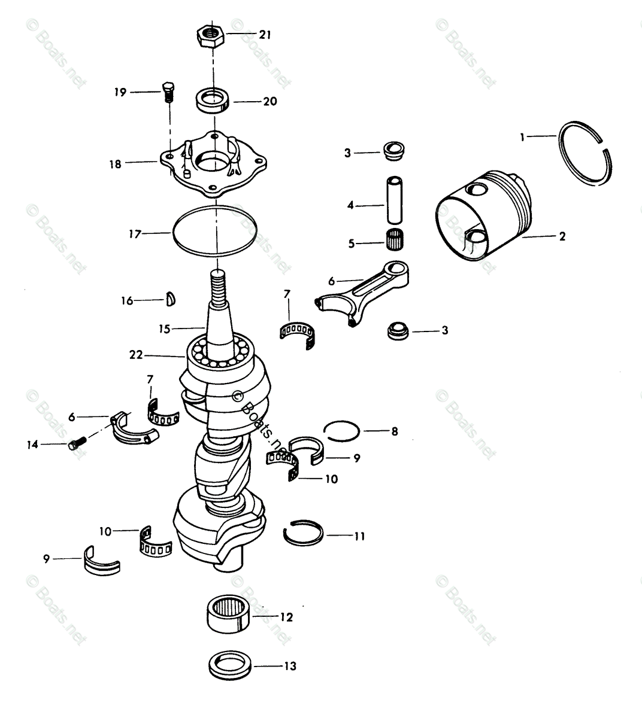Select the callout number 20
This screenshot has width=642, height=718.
270,101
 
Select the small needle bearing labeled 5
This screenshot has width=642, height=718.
393,242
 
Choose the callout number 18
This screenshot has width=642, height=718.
115,163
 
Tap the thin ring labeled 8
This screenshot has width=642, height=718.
341,430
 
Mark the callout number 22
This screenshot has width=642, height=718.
136,354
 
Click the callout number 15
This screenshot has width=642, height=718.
165,328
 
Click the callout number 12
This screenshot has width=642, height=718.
286,617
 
